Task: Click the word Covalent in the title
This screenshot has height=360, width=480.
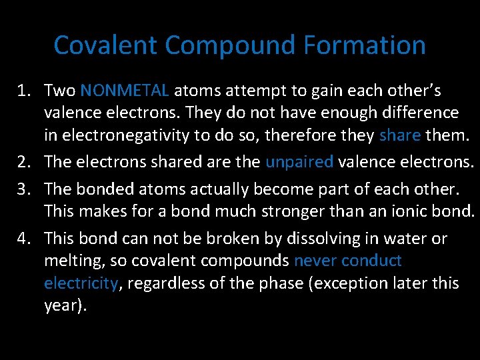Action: pyautogui.click(x=106, y=45)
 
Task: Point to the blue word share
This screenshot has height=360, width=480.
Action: pyautogui.click(x=399, y=136)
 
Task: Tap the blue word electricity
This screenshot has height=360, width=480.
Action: pyautogui.click(x=81, y=283)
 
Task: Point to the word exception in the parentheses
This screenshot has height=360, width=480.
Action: pyautogui.click(x=351, y=283)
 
